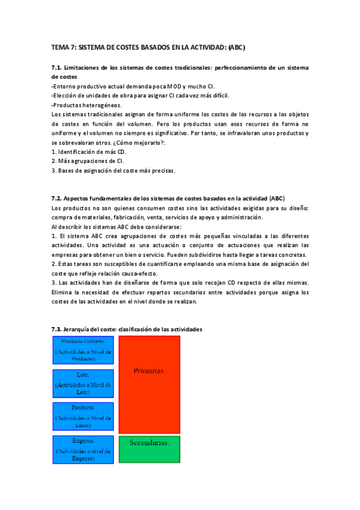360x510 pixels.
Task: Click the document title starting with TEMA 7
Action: pos(148,47)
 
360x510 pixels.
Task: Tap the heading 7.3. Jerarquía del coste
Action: pos(127,329)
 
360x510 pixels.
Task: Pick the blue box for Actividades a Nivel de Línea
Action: pos(82,417)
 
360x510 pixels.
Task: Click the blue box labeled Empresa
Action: pos(82,449)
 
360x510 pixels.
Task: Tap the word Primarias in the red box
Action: pos(149,371)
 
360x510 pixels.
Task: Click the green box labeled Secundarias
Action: pos(149,442)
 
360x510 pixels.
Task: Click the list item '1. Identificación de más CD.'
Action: pos(89,152)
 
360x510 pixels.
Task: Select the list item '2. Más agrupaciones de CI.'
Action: pos(88,161)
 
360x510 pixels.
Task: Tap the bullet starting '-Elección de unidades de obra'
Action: pos(140,96)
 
